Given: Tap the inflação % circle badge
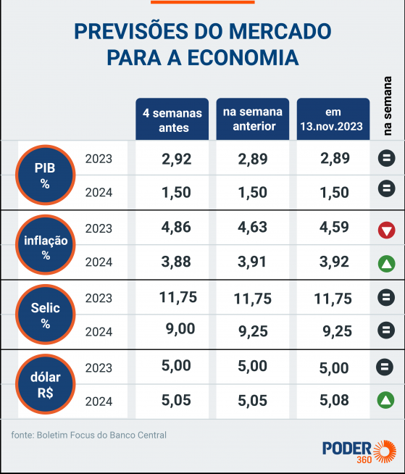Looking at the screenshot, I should (45, 246).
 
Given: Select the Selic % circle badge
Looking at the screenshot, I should (45, 315).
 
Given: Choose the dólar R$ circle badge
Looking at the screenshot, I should (45, 385).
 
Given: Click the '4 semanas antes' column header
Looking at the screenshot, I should (172, 120).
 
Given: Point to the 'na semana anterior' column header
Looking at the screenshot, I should (252, 120).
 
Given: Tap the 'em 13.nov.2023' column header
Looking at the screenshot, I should (333, 120).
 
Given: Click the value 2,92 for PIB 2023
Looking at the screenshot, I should (177, 159).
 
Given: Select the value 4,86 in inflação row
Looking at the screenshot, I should (177, 228).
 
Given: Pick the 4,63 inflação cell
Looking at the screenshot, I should (253, 228).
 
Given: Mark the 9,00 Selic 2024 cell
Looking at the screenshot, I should (180, 329).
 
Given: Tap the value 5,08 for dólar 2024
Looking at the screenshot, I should (335, 400).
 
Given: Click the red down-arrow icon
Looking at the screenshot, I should (386, 230).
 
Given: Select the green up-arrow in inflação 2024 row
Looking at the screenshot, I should (386, 263).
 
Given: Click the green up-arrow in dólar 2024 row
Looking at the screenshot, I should (386, 399).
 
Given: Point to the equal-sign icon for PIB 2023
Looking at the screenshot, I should (386, 158).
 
